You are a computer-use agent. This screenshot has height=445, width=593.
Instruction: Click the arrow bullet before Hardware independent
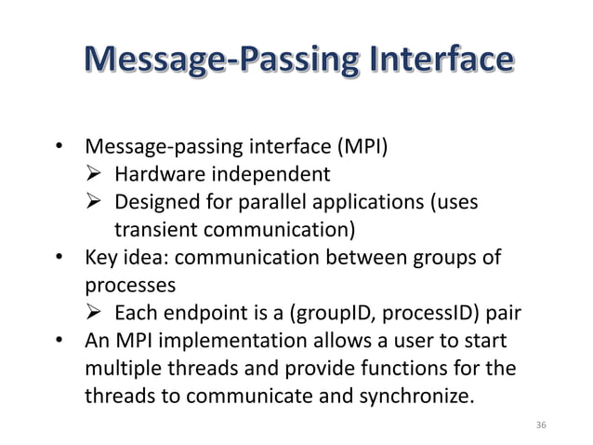tap(95, 173)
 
